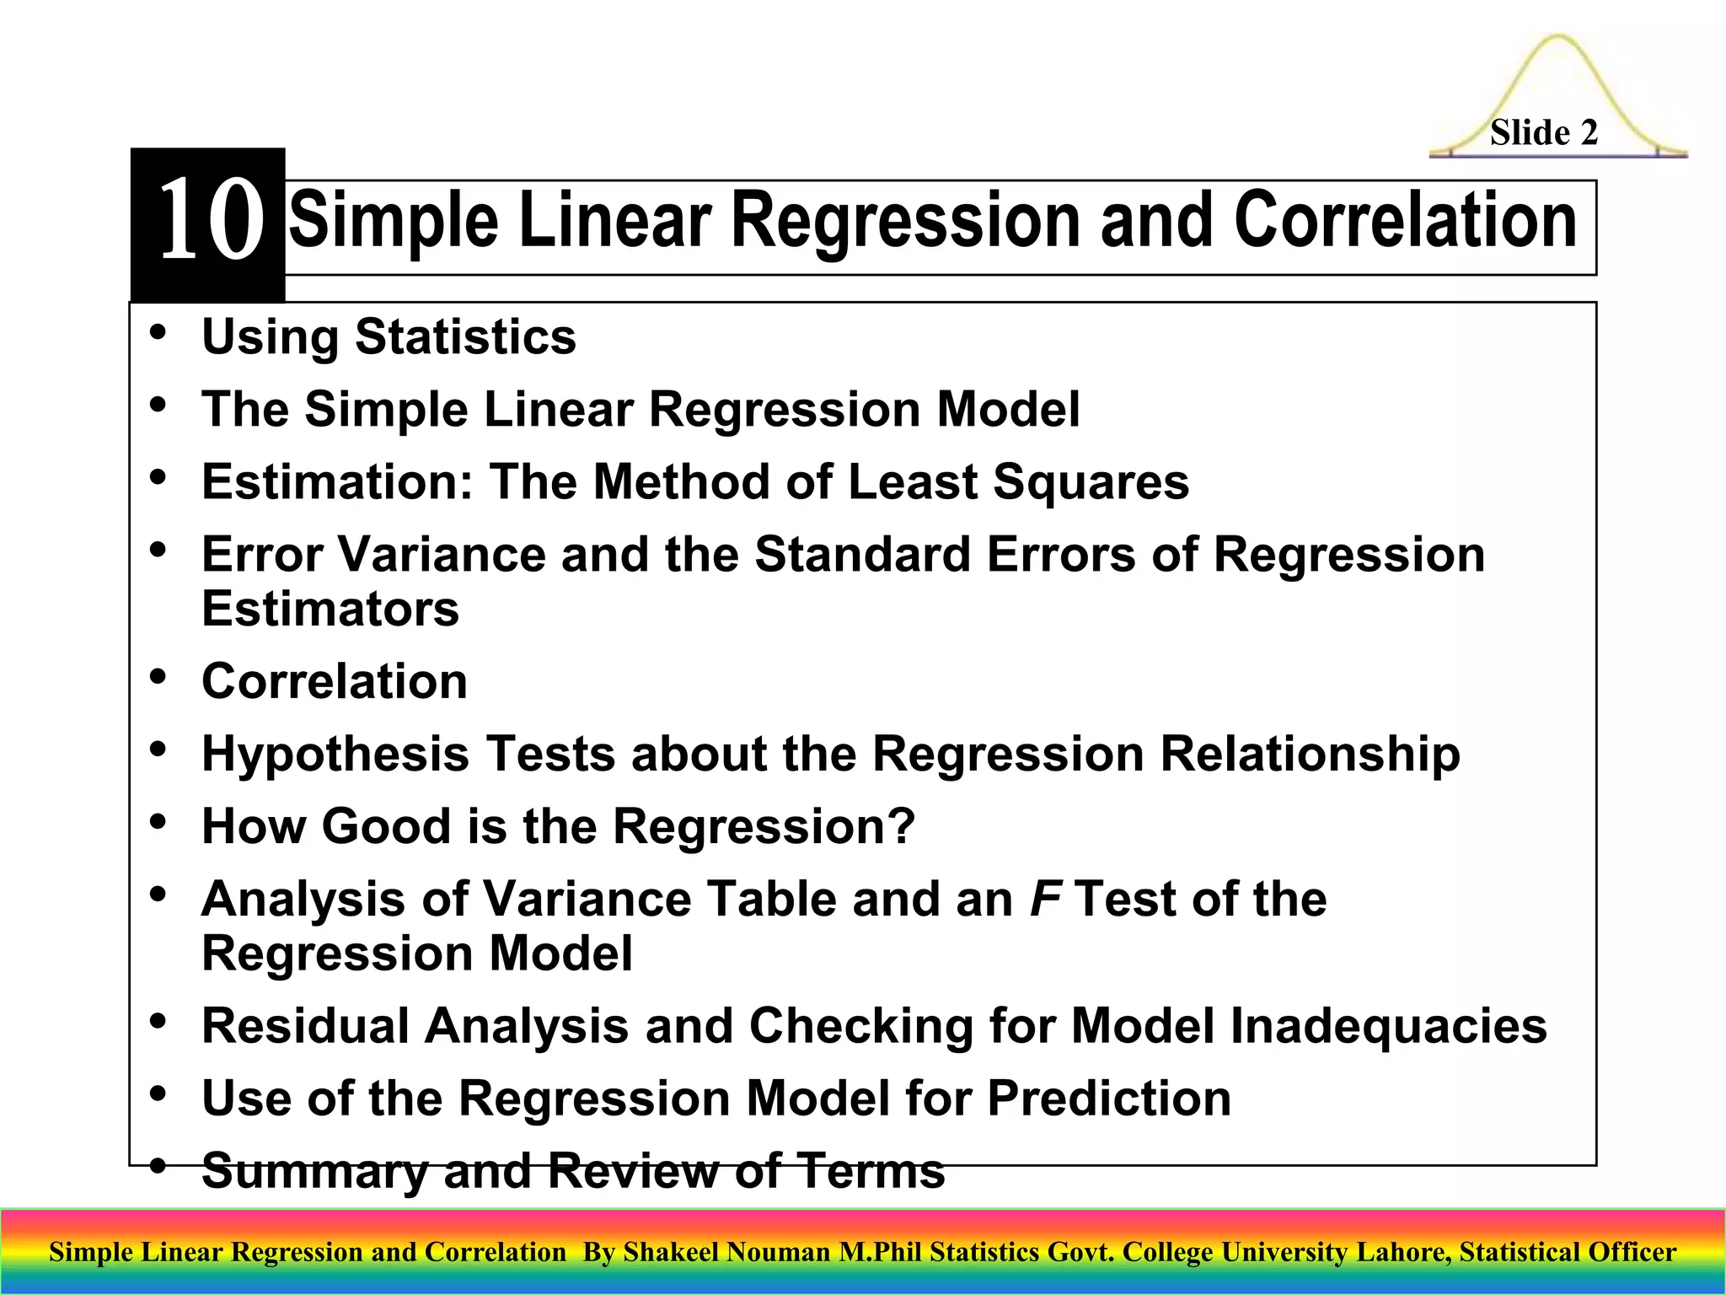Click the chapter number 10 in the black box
coord(210,221)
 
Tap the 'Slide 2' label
coord(1543,133)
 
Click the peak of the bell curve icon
coord(1557,38)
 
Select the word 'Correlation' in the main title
coord(1405,221)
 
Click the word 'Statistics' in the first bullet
coord(465,336)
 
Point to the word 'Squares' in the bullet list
coord(1091,481)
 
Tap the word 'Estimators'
coord(330,609)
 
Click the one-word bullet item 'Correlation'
coord(334,681)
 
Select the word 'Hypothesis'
coord(335,754)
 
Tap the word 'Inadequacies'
coord(1388,1026)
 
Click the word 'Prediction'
coord(1108,1099)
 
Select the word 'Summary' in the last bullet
coord(315,1172)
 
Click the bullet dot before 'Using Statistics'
coord(158,331)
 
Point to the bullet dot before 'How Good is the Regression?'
coord(158,821)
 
